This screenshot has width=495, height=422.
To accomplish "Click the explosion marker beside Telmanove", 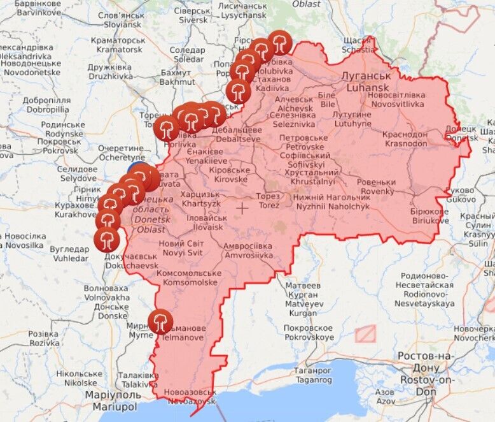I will click(x=160, y=321).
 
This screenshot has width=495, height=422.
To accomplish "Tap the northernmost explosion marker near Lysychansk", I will click(x=279, y=43).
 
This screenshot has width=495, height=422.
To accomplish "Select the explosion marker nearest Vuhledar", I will click(x=106, y=240).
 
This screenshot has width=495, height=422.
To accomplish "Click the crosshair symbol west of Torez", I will click(x=242, y=208).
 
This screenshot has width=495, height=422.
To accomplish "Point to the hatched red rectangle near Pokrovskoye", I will click(x=365, y=333).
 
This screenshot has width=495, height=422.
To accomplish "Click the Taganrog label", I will click(x=312, y=375).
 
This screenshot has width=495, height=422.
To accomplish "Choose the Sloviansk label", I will click(x=120, y=19).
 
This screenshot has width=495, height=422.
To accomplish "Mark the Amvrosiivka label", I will click(x=248, y=251).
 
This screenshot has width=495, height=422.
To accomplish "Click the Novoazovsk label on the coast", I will click(x=188, y=397).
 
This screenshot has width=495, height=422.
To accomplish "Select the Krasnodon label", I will click(x=405, y=139).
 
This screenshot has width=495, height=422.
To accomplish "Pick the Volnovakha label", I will click(x=106, y=293).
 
